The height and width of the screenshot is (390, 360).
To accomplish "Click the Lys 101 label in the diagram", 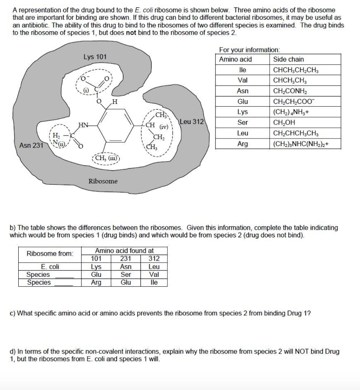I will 95,57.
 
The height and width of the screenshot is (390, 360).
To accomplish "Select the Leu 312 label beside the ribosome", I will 192,122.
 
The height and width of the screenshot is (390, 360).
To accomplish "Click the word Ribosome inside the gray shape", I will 103,181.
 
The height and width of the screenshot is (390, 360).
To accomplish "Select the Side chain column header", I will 288,59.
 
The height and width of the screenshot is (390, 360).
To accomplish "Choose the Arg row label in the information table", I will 242,144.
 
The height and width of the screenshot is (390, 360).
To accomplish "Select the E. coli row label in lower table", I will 50,267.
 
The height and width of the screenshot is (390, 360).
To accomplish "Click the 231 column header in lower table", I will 126,259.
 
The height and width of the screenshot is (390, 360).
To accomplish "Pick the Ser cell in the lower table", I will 126,275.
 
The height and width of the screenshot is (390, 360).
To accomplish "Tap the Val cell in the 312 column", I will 154,275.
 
